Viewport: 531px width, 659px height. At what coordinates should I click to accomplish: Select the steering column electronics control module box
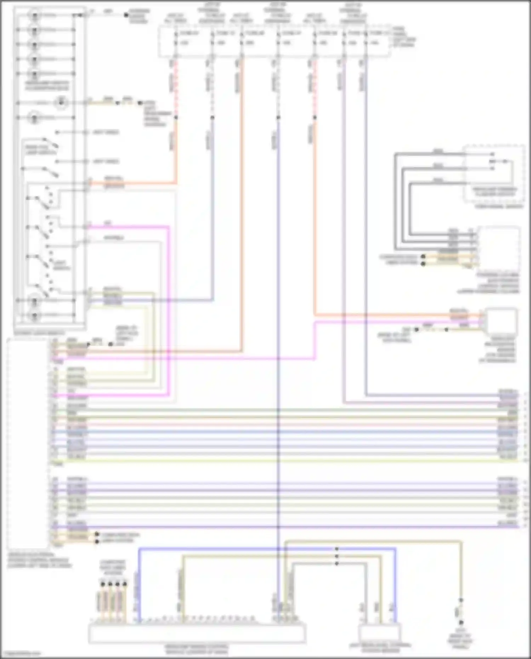click(498, 248)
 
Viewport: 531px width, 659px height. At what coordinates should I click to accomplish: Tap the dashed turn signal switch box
click(495, 174)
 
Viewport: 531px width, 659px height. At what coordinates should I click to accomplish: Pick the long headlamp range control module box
click(197, 634)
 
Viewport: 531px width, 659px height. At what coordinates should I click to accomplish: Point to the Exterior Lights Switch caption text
click(39, 333)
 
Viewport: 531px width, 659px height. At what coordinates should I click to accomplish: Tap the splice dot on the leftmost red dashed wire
click(176, 117)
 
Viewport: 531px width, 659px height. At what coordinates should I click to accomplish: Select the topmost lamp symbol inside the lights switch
click(34, 16)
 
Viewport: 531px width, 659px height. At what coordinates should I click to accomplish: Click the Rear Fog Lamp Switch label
click(41, 150)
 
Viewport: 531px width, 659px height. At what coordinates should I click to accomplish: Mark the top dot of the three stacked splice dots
click(337, 549)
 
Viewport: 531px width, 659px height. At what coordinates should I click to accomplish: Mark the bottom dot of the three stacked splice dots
click(337, 563)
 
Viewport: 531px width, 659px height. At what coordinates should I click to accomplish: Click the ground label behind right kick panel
click(460, 640)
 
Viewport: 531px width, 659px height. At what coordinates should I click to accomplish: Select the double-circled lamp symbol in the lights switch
click(61, 103)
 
